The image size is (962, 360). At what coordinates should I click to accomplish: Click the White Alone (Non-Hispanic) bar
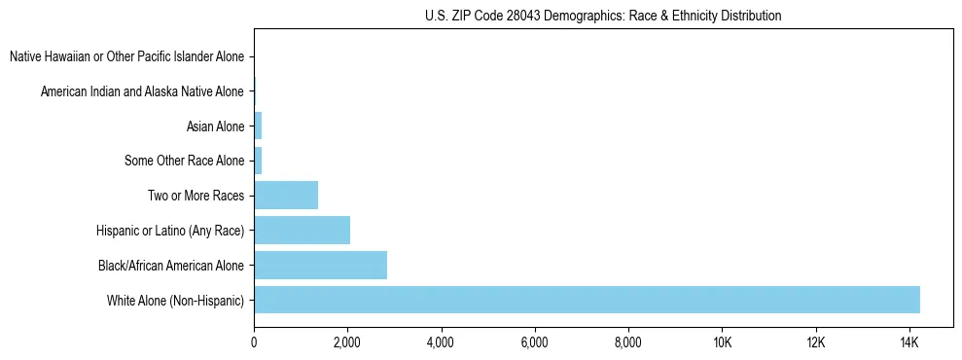587,300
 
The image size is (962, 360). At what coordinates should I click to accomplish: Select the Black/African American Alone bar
320,265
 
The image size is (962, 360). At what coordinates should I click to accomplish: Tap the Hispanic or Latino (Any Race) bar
302,230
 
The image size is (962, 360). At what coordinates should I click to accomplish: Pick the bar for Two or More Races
286,195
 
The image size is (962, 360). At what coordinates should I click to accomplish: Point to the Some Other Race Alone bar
258,160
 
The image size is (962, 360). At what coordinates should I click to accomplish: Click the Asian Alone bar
258,126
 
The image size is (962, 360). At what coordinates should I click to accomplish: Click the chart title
603,16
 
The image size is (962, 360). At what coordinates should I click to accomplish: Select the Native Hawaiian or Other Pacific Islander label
127,57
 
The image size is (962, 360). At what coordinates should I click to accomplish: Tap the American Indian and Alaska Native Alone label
142,91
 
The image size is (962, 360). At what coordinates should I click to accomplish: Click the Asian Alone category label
215,126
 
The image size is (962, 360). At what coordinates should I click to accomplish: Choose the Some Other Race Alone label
185,161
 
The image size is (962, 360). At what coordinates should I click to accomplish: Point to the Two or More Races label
196,196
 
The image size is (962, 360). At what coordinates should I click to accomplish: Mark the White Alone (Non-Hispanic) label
175,300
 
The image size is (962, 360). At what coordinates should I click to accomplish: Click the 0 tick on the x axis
254,342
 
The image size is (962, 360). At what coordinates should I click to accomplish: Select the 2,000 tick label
347,342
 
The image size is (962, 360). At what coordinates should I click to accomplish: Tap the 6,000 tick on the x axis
535,342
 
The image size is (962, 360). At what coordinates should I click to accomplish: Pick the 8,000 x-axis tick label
628,342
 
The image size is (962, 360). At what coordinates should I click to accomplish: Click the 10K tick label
722,342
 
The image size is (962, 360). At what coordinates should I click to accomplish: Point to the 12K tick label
815,342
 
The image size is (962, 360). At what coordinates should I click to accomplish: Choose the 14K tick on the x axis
909,342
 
